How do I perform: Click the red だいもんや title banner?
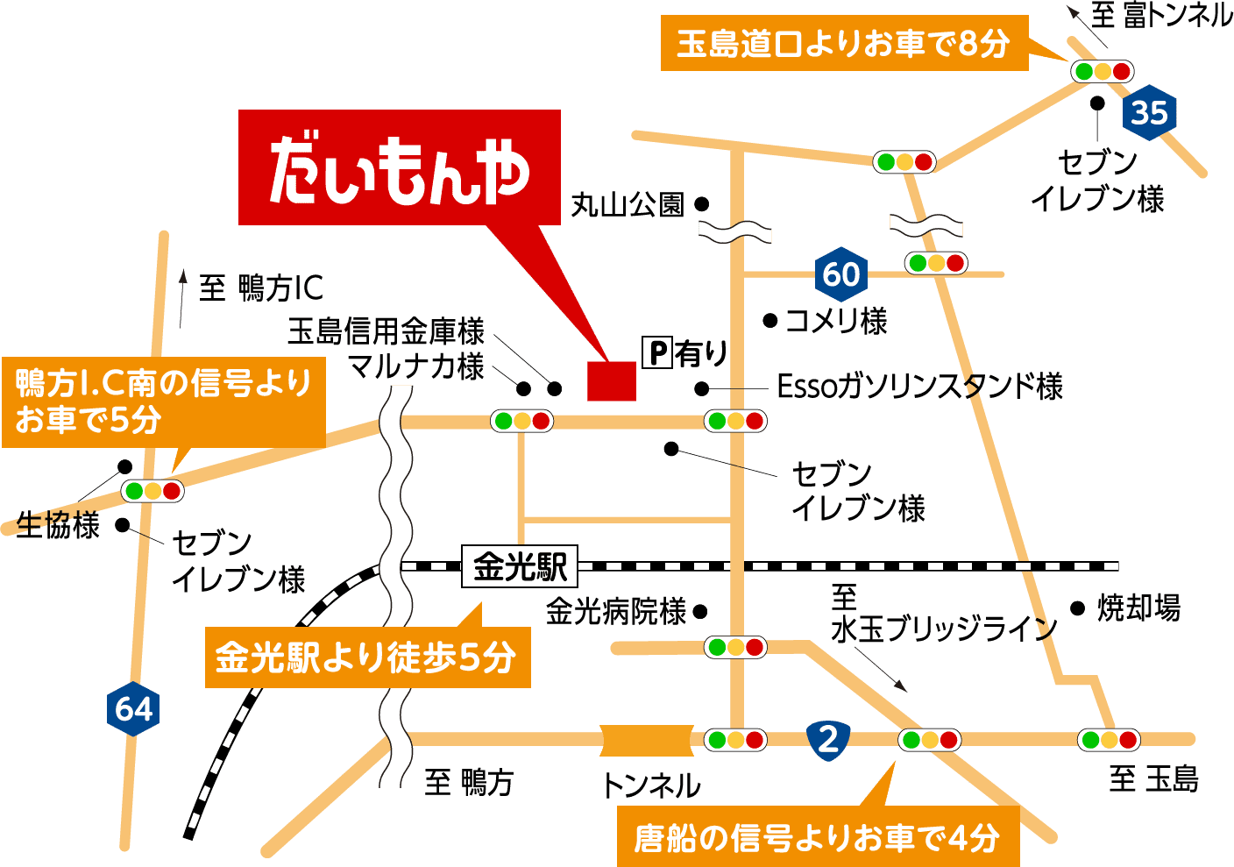coord(399,167)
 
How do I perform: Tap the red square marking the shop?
coord(611,380)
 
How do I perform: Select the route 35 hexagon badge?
coord(1149,113)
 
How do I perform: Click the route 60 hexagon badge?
coord(840,274)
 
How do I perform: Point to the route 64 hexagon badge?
coord(133,708)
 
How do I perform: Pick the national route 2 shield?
coord(828,738)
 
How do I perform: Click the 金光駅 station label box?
coord(520,567)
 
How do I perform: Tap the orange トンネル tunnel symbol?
coord(647,740)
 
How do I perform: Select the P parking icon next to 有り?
coord(656,353)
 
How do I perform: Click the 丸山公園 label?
coord(628,205)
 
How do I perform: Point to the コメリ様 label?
coord(835,321)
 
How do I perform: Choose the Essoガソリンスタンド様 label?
coord(919,387)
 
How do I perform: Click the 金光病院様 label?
coord(615,611)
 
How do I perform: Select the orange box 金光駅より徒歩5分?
coord(366,657)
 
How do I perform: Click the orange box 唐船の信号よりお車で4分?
coord(817,838)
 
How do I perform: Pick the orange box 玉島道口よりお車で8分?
coord(843,43)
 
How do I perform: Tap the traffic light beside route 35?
coord(1102,72)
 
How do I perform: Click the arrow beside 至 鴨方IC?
coord(183,298)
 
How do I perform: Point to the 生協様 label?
coord(58,526)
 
